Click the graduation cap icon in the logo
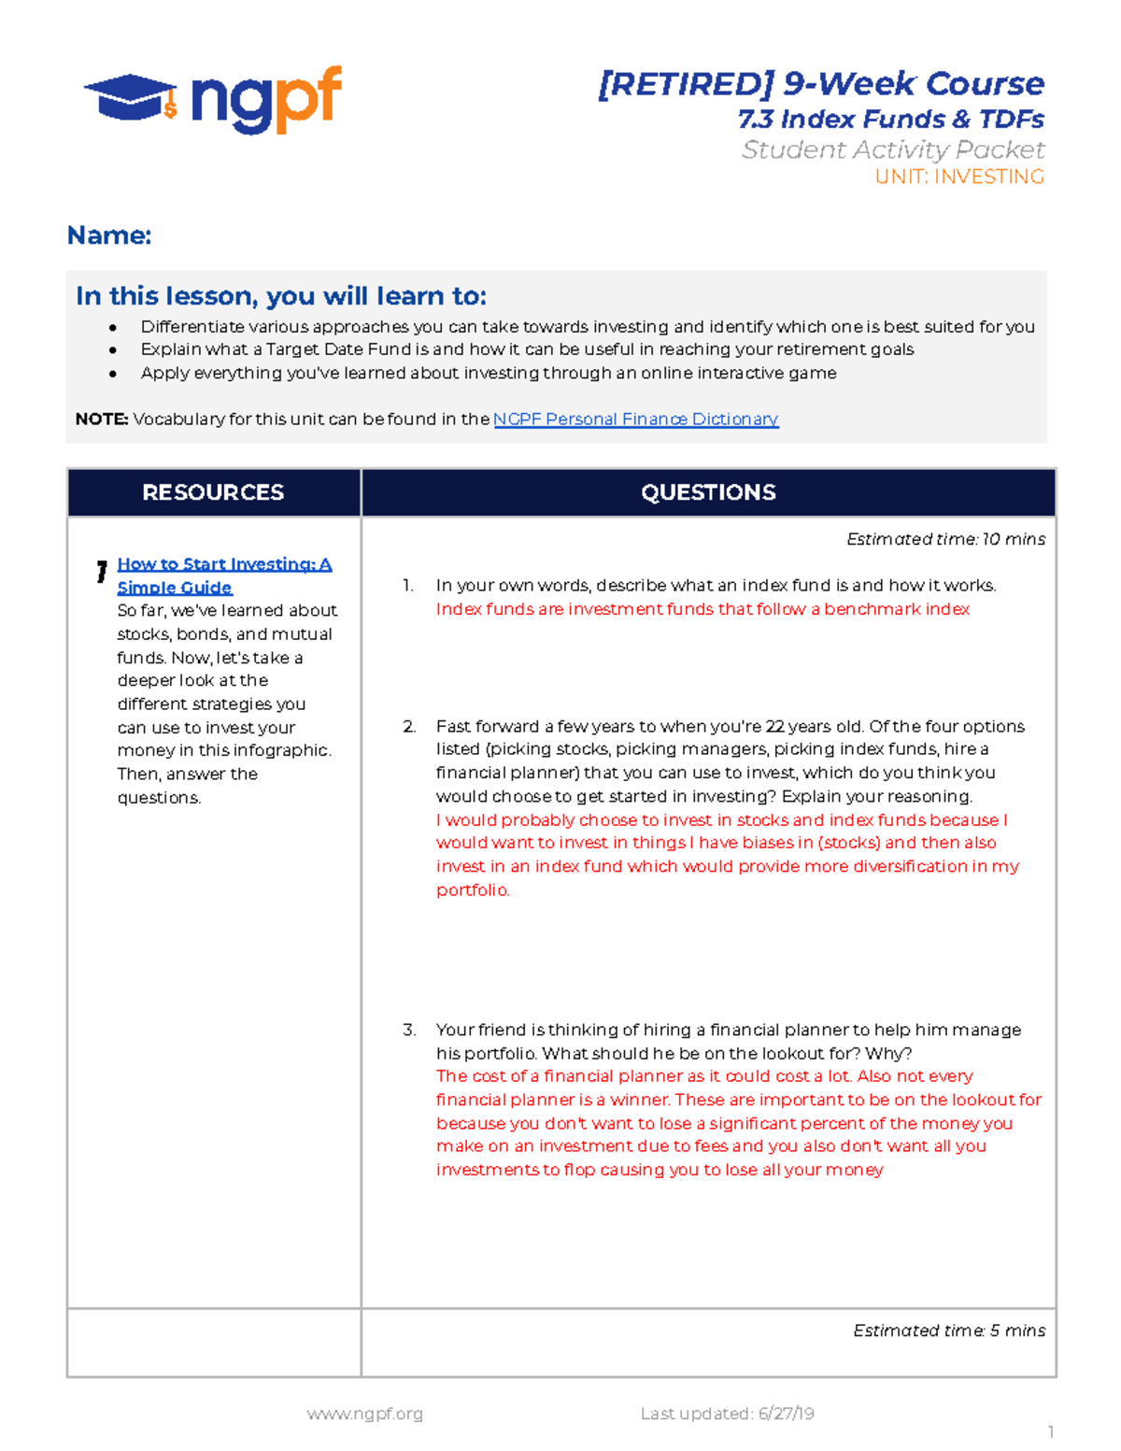coord(131,97)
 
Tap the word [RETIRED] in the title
coord(686,84)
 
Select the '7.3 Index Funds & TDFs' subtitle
coord(890,120)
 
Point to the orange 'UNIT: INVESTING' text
coord(958,177)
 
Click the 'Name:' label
coord(108,235)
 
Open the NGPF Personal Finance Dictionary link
coord(635,420)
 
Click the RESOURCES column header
coord(213,492)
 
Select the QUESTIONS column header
coord(708,492)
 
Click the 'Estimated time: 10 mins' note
coord(945,539)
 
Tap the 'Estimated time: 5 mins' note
coord(948,1330)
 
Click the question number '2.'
coord(409,727)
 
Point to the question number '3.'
coord(409,1031)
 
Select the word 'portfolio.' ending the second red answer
coord(473,890)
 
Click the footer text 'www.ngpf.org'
coord(364,1414)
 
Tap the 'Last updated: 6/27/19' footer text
coord(727,1414)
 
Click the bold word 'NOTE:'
coord(102,420)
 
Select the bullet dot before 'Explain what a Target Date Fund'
coord(113,350)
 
